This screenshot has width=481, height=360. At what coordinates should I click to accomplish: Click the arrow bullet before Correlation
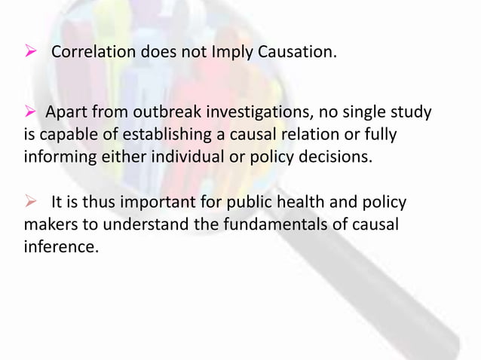click(x=31, y=53)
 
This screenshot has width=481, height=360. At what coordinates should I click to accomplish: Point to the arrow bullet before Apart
click(x=31, y=113)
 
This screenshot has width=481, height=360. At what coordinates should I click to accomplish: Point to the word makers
click(x=50, y=224)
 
